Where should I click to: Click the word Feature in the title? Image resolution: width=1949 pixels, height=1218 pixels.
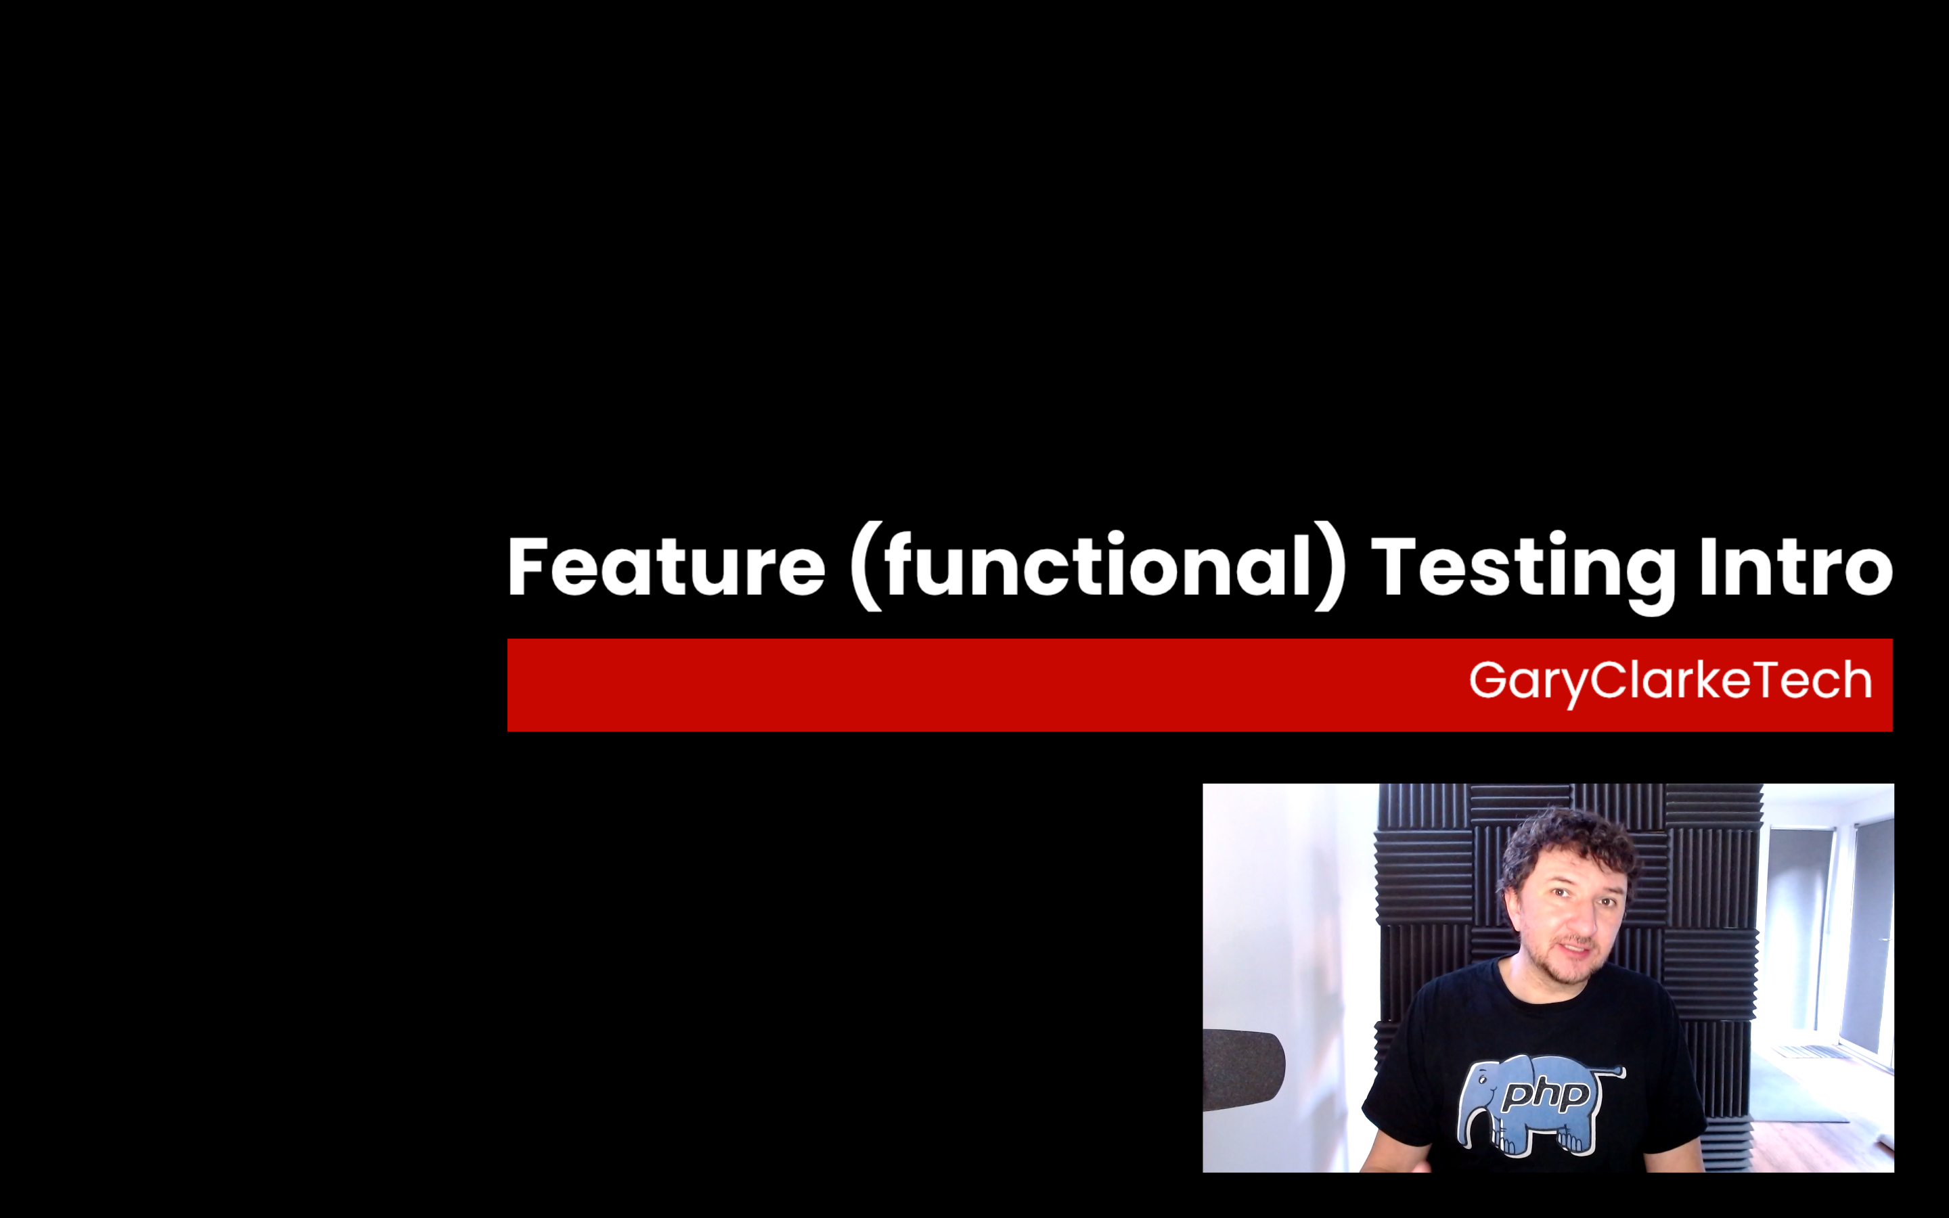click(667, 566)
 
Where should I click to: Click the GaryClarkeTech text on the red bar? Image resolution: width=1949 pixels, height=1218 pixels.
click(1670, 681)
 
